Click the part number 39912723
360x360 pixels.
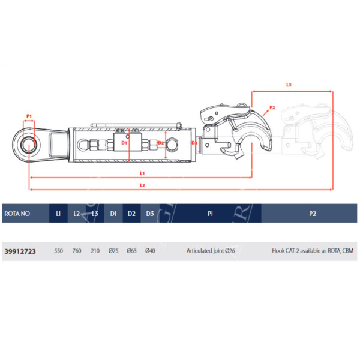[x=20, y=251]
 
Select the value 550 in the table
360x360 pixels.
[x=59, y=251]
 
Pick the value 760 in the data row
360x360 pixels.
[x=77, y=251]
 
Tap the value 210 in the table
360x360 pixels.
[x=95, y=251]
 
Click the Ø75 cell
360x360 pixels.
[x=113, y=251]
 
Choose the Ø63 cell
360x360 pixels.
[x=132, y=251]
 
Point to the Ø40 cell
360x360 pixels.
[x=150, y=251]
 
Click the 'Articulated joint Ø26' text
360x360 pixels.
[x=211, y=251]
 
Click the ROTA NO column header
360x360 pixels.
[x=17, y=214]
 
